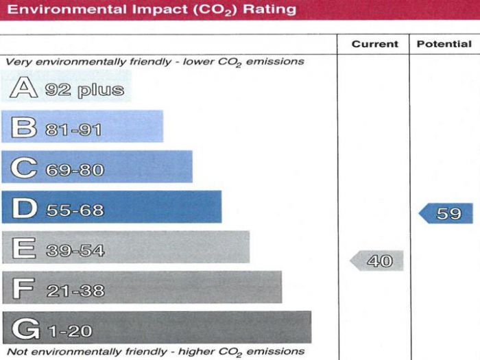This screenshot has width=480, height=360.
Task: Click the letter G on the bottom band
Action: (x=26, y=330)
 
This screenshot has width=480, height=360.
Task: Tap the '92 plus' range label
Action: (x=85, y=90)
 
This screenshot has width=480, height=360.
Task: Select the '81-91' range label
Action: (x=74, y=130)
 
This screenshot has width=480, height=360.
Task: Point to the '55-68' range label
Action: (x=75, y=210)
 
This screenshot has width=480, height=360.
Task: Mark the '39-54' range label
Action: (x=75, y=250)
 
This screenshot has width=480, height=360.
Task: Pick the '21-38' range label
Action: (x=75, y=291)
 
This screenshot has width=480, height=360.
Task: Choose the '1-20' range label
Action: (x=70, y=331)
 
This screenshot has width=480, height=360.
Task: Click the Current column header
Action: (x=374, y=44)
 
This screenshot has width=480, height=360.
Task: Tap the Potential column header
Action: (x=444, y=44)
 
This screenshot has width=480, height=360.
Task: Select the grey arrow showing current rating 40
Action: (x=376, y=261)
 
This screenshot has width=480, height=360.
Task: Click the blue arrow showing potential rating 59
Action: (x=446, y=213)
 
